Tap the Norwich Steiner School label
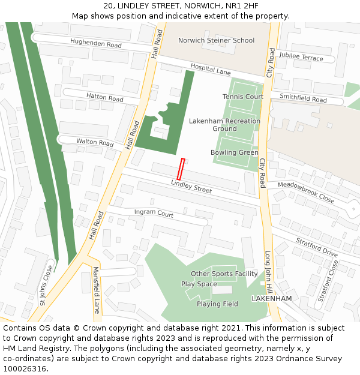click(216, 41)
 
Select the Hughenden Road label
click(95, 44)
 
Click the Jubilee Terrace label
click(301, 56)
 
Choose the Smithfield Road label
click(303, 98)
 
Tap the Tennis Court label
click(243, 97)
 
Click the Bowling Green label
click(235, 152)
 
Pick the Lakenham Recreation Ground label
click(224, 125)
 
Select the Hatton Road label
click(104, 98)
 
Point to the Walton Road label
click(95, 143)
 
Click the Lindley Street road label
click(191, 187)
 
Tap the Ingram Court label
click(154, 213)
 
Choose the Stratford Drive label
click(317, 246)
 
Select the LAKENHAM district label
click(271, 298)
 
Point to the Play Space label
click(199, 284)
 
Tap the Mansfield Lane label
click(96, 290)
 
